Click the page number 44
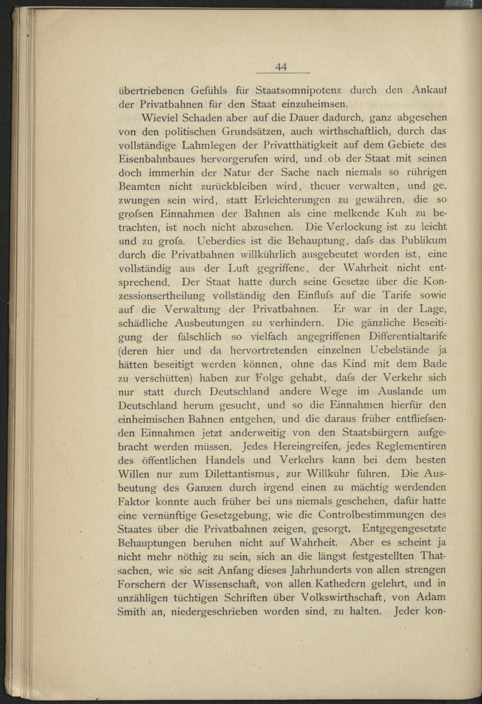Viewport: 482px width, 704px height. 281,67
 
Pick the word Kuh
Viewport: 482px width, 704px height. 396,213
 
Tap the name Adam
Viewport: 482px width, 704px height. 430,597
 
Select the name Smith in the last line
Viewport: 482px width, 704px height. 132,611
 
